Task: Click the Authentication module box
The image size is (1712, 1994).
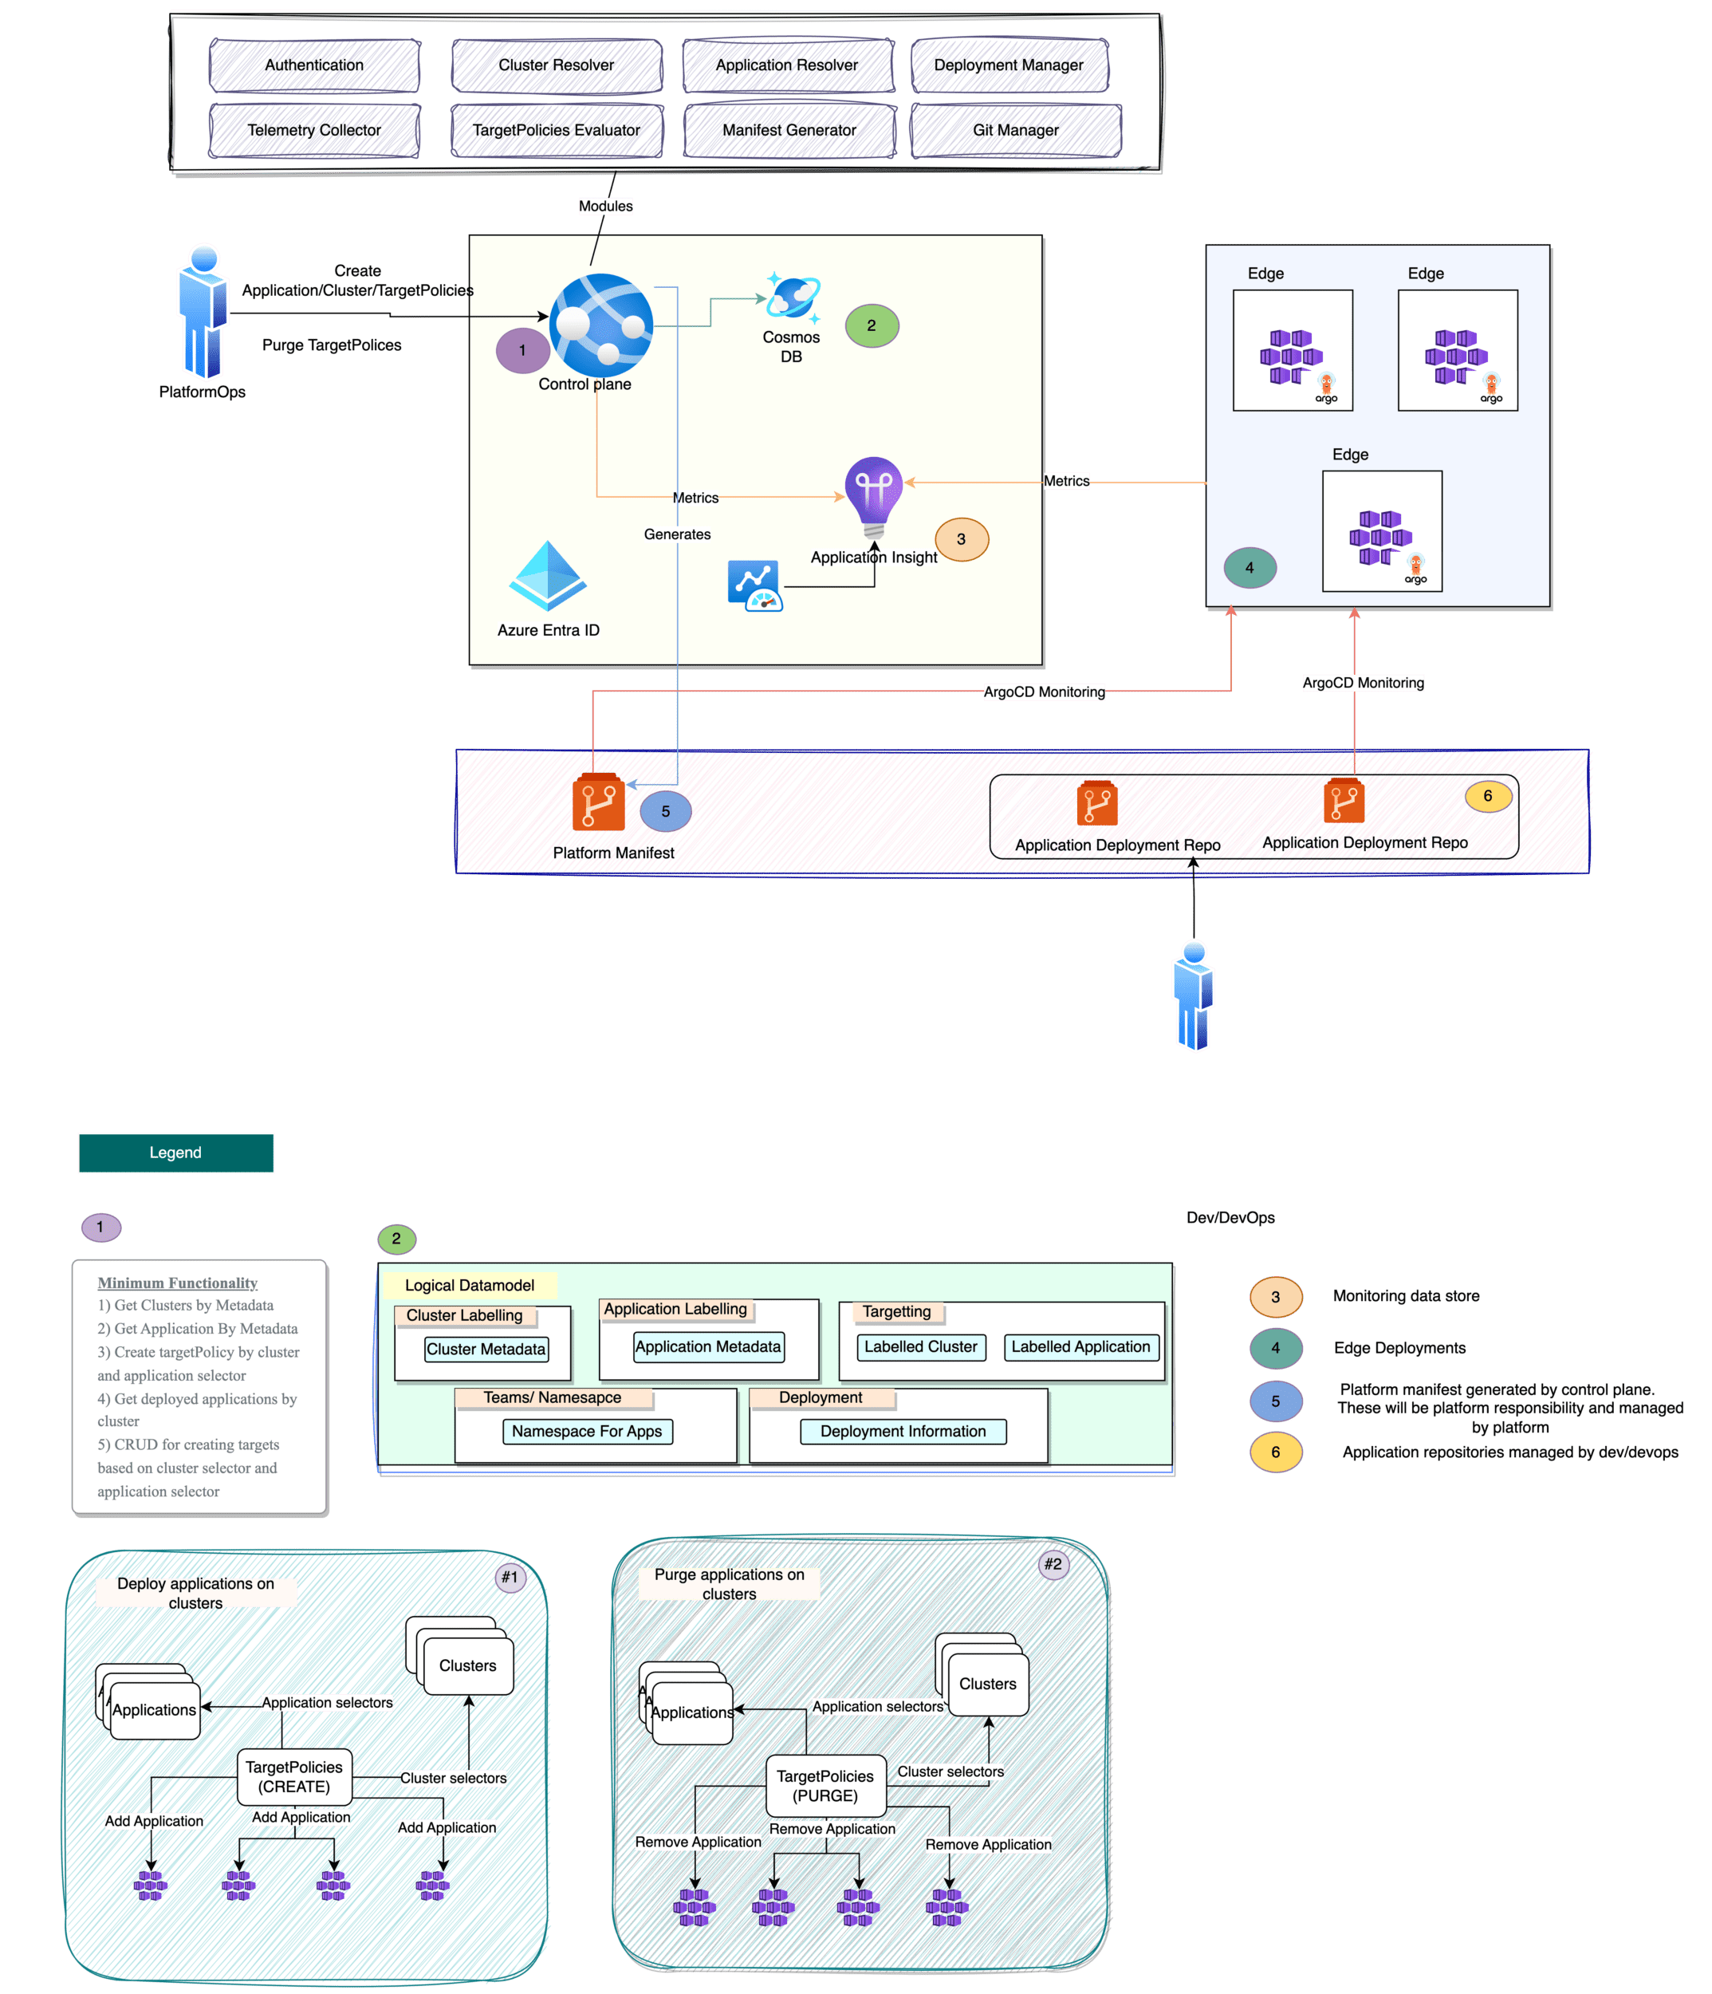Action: pos(313,65)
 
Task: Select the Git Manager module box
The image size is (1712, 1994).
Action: pos(1015,130)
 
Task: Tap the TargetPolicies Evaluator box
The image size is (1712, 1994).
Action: pos(557,130)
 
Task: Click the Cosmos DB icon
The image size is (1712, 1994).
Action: pos(793,298)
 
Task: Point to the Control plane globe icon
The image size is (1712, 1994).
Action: pos(601,325)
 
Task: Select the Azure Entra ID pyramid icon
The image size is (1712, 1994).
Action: pos(548,577)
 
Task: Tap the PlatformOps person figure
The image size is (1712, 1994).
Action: pos(203,313)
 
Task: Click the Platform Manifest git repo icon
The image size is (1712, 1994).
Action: pos(599,802)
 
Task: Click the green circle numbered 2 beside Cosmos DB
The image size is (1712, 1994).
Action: pos(872,325)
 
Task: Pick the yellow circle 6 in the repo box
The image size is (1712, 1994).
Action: pos(1488,796)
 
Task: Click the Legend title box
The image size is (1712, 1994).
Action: pos(176,1153)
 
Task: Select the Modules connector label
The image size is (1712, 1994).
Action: pos(605,206)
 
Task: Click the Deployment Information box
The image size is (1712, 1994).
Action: pos(903,1431)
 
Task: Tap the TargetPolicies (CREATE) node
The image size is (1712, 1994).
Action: pos(294,1776)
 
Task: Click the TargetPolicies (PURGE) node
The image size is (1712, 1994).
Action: pos(825,1785)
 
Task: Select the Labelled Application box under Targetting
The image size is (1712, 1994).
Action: pos(1080,1346)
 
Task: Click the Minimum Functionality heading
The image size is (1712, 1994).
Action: pos(177,1283)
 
